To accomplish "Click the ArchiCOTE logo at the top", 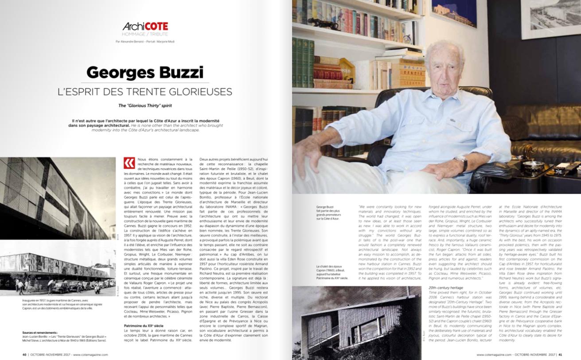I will [x=145, y=27].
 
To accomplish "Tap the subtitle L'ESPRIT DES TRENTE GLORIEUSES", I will [x=145, y=92].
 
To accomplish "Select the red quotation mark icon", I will [x=129, y=163].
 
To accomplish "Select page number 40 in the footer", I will [x=24, y=354].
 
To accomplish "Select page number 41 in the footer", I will [x=560, y=354].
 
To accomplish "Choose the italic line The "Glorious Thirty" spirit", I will [x=145, y=105].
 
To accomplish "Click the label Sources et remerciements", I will [x=40, y=332].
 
